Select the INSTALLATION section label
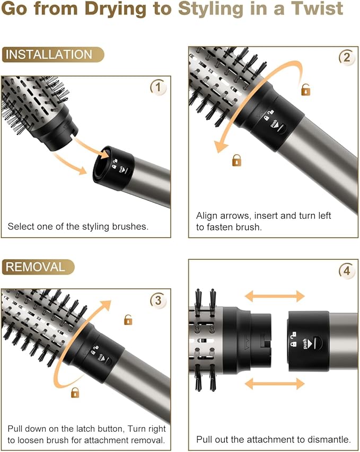[x=49, y=55]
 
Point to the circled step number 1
[x=157, y=86]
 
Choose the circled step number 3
[x=157, y=300]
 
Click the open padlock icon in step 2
[x=306, y=90]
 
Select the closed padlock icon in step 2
[x=236, y=159]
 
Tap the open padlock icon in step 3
[x=128, y=319]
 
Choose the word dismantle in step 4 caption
[x=329, y=439]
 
